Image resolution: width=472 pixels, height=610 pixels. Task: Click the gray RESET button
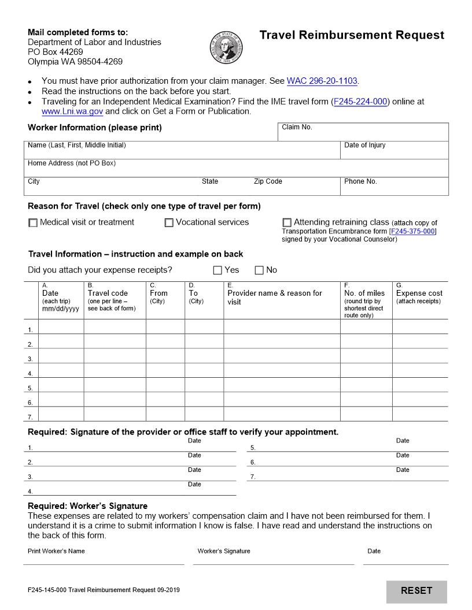point(416,591)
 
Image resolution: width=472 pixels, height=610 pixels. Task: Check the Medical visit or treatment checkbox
point(33,223)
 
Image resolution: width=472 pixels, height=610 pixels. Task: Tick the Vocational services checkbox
point(169,223)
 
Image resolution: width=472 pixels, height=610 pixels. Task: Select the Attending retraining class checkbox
point(287,222)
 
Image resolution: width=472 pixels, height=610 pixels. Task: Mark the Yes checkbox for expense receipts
point(217,270)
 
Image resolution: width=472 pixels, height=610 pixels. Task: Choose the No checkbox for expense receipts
point(259,270)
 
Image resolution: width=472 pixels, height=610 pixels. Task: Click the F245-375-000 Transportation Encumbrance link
point(413,232)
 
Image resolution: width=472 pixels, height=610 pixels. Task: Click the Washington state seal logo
point(227,48)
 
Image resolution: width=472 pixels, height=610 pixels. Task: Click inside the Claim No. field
point(363,133)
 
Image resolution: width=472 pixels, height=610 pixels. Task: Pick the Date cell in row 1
point(61,327)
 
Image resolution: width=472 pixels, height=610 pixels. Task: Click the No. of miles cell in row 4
point(366,370)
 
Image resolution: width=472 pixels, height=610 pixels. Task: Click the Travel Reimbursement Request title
point(352,35)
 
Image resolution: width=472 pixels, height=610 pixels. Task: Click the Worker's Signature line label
point(224,551)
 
